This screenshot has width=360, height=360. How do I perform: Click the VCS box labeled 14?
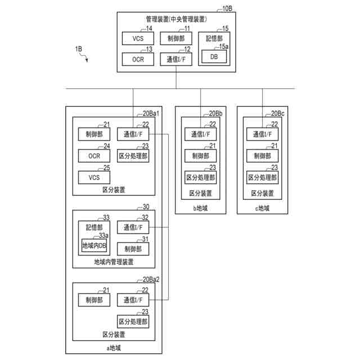tap(138, 38)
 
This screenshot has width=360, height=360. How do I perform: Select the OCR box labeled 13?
tap(138, 59)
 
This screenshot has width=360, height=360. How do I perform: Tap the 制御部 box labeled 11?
tap(176, 38)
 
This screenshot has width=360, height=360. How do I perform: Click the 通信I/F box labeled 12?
tap(176, 59)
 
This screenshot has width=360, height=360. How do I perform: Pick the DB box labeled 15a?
tap(214, 56)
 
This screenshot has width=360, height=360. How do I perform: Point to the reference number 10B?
tap(227, 8)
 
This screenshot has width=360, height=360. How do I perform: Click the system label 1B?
tap(79, 49)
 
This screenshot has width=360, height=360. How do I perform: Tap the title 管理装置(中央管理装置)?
tap(176, 19)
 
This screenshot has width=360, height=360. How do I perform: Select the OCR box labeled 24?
tap(94, 156)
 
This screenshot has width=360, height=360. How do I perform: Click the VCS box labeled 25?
tap(94, 178)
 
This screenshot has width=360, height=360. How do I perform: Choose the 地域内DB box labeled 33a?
tap(94, 245)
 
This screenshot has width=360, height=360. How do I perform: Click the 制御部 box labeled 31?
tap(133, 249)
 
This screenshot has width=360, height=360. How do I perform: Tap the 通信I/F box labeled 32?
tap(133, 227)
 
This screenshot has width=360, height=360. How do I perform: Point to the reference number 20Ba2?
tap(151, 280)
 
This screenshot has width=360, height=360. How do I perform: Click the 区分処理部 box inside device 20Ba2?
tap(133, 322)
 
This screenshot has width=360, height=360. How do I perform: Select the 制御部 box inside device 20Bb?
tap(200, 156)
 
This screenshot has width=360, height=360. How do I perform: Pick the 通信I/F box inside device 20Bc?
tap(262, 134)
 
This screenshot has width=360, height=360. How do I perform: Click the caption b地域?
tap(200, 208)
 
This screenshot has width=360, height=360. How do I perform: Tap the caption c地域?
tap(262, 208)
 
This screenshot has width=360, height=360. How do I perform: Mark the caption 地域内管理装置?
tap(114, 262)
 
